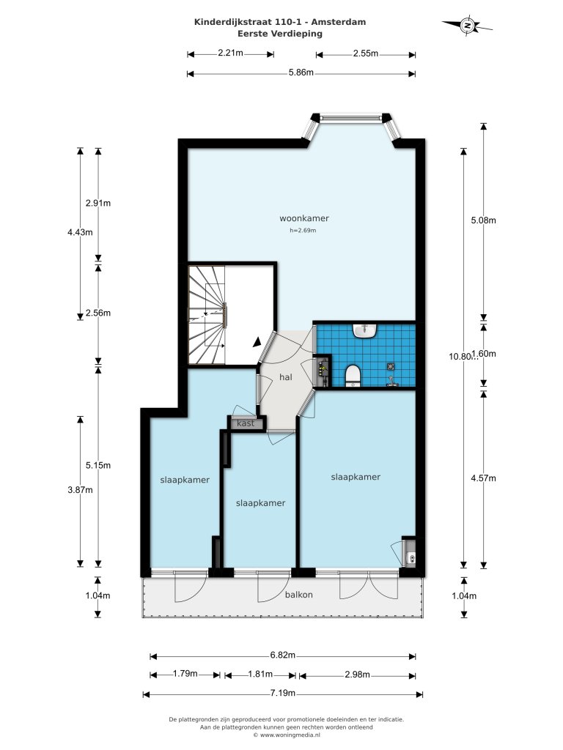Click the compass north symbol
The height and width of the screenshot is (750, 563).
467,26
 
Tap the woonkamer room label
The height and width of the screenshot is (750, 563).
304,218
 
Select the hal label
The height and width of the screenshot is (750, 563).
286,377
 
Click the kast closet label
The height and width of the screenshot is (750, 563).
246,423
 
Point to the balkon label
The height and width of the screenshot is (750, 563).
299,595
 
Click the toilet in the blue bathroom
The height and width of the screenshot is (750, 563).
353,375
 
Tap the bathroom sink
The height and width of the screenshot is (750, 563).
366,330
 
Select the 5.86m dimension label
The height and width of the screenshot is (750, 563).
301,73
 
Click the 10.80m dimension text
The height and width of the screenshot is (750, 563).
460,357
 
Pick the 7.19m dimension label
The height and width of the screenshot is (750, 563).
283,693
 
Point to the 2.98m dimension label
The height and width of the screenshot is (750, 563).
357,675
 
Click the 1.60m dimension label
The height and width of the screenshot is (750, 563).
484,354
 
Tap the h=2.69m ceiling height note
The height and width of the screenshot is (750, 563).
303,231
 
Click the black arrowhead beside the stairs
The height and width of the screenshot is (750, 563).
257,341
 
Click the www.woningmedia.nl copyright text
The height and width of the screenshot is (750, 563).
287,735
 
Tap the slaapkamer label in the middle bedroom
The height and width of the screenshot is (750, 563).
260,503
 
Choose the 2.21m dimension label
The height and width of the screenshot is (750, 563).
230,53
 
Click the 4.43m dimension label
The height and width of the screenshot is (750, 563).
81,232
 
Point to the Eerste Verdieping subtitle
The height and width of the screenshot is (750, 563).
280,34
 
